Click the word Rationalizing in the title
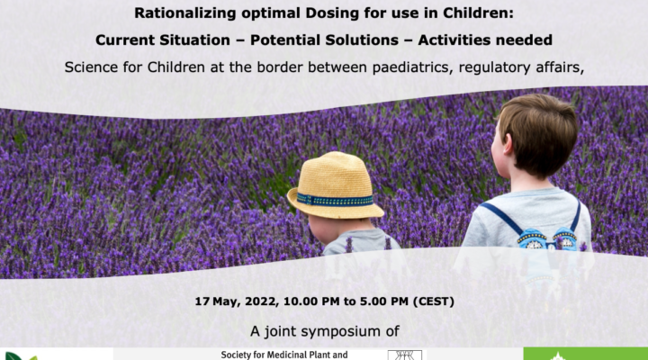pyautogui.click(x=185, y=13)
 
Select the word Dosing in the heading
pyautogui.click(x=333, y=13)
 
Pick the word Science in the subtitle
pyautogui.click(x=91, y=67)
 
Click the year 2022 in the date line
pyautogui.click(x=261, y=301)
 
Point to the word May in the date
pyautogui.click(x=227, y=301)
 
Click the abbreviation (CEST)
pyautogui.click(x=434, y=301)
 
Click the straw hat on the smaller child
pyautogui.click(x=335, y=184)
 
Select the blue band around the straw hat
pyautogui.click(x=335, y=201)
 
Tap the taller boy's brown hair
pyautogui.click(x=539, y=132)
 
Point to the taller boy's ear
pyautogui.click(x=507, y=145)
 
